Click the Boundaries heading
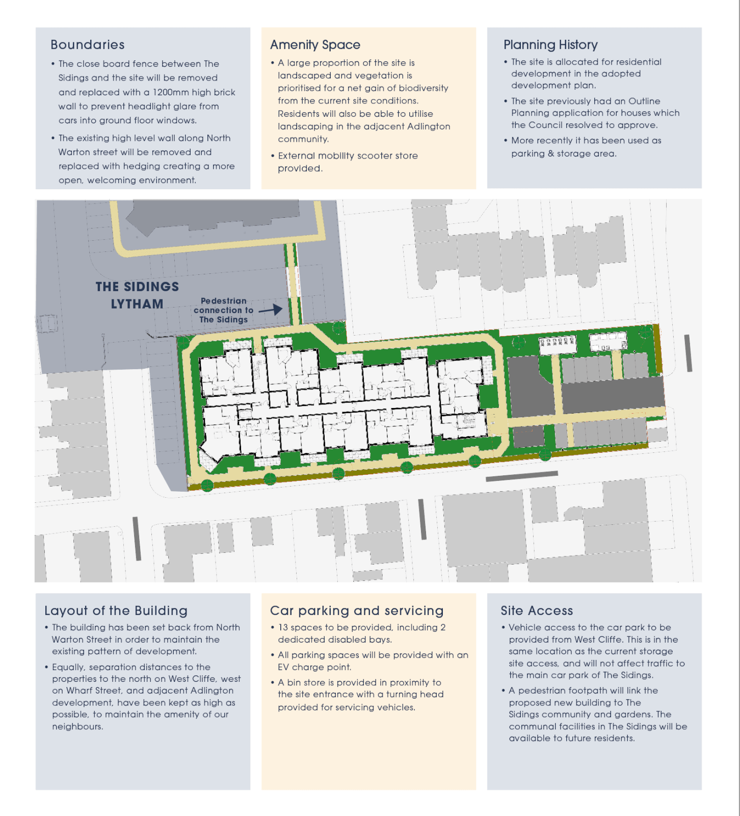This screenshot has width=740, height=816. click(x=88, y=45)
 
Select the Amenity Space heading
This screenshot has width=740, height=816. click(x=315, y=45)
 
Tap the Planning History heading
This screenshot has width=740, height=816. click(x=550, y=45)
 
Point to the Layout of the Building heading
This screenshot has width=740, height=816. click(x=116, y=611)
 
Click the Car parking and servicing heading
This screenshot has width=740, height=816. click(x=357, y=611)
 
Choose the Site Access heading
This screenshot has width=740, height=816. click(x=537, y=610)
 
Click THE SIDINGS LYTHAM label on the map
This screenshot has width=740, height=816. click(x=137, y=295)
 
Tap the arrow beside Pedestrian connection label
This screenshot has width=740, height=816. click(x=271, y=310)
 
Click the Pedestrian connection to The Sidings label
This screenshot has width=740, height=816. click(x=223, y=310)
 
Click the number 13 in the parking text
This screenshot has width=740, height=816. click(x=283, y=627)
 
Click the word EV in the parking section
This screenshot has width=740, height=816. click(x=283, y=667)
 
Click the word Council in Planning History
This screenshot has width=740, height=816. click(x=546, y=125)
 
